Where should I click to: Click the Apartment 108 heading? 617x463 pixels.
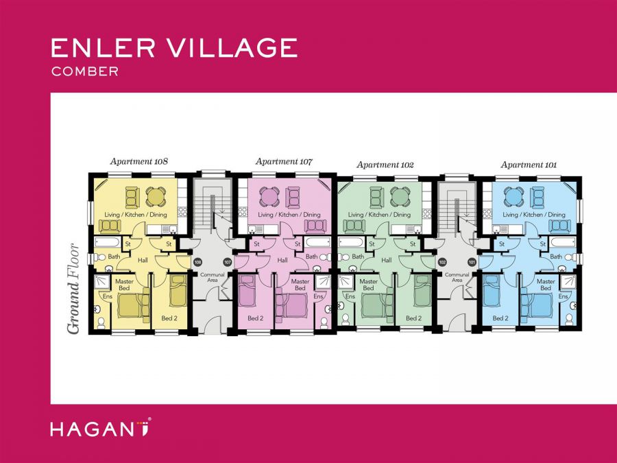[x=139, y=162]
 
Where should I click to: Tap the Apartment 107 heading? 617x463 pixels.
[x=284, y=162]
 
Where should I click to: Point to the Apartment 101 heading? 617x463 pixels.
[x=529, y=165]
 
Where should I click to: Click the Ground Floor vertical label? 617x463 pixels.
[x=73, y=288]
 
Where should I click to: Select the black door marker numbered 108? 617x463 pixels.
[x=197, y=262]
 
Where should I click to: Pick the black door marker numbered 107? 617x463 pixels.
[x=228, y=262]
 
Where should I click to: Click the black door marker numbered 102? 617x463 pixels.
[x=442, y=262]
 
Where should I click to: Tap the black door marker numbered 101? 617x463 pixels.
[x=472, y=262]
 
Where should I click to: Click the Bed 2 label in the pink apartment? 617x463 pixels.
[x=255, y=318]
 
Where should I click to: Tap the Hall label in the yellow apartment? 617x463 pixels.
[x=143, y=260]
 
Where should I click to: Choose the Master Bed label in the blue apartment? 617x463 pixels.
[x=546, y=285]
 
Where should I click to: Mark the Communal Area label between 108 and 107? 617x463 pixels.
[x=208, y=278]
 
